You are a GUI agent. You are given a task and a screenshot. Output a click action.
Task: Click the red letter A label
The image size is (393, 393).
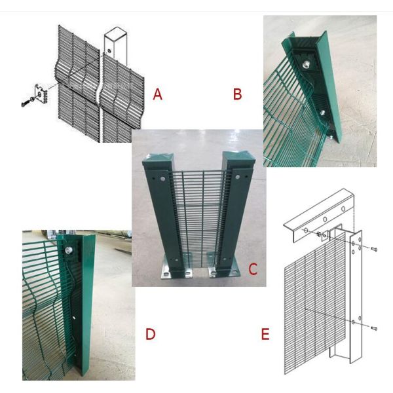point(157,94)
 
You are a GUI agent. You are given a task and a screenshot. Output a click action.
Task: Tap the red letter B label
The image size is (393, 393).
point(237,94)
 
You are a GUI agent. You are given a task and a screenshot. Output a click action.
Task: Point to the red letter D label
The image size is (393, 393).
point(150,334)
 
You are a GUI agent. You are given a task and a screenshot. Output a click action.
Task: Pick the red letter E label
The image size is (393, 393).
point(265,335)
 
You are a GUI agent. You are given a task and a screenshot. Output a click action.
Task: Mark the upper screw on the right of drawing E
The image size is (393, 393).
point(373,250)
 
